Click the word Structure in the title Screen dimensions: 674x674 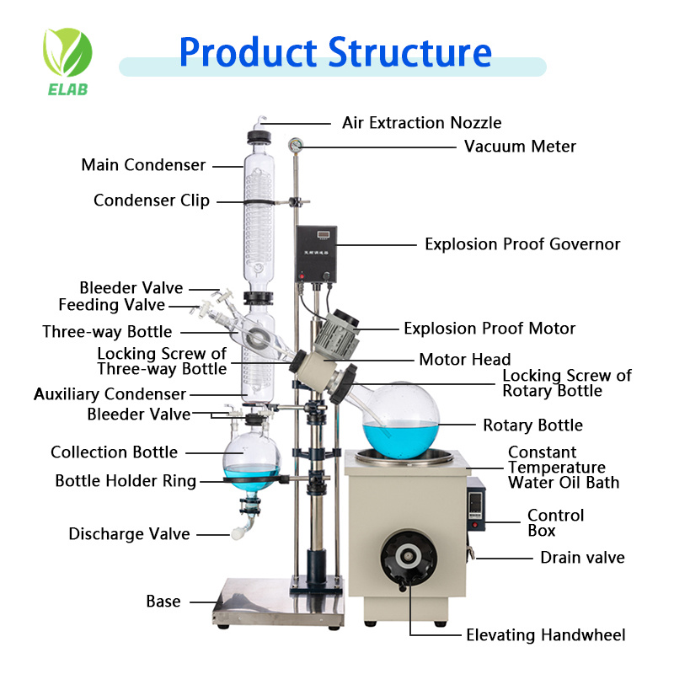point(410,51)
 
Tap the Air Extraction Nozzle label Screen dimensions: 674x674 point(421,123)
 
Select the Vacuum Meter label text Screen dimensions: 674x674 point(520,147)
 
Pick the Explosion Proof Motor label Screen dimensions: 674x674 point(489,329)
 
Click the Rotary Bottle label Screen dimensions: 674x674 point(532,425)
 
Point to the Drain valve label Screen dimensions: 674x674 point(582,558)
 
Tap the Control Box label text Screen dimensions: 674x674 point(555,523)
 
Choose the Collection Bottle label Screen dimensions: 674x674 point(114,452)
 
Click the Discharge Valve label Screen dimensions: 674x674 point(129,534)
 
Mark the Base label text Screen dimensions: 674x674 point(163,602)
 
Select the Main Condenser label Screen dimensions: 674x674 point(143,165)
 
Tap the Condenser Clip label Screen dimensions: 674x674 point(152,201)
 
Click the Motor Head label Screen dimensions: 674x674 point(465,360)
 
